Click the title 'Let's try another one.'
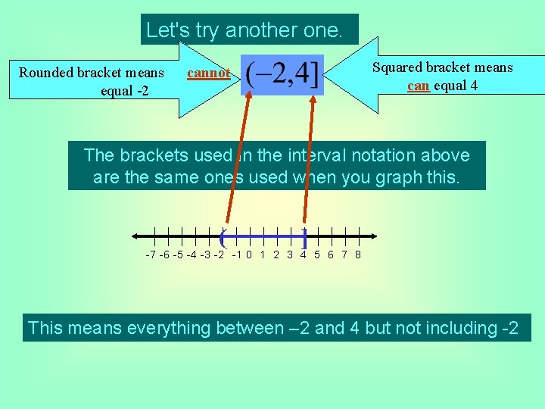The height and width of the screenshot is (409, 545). pyautogui.click(x=244, y=30)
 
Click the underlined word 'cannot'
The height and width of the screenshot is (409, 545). pyautogui.click(x=208, y=73)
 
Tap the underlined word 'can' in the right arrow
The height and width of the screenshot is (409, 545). pyautogui.click(x=418, y=86)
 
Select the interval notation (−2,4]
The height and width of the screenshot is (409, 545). pyautogui.click(x=282, y=74)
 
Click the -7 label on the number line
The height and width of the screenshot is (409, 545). pyautogui.click(x=151, y=254)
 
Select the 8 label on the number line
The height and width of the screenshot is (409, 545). pyautogui.click(x=358, y=254)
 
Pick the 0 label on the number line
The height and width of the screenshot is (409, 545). pyautogui.click(x=249, y=254)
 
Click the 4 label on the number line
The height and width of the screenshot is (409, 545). pyautogui.click(x=304, y=254)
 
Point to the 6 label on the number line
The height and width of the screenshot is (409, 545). pyautogui.click(x=331, y=254)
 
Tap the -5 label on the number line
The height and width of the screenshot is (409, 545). pyautogui.click(x=179, y=254)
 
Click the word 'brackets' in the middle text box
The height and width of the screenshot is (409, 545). pyautogui.click(x=149, y=156)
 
